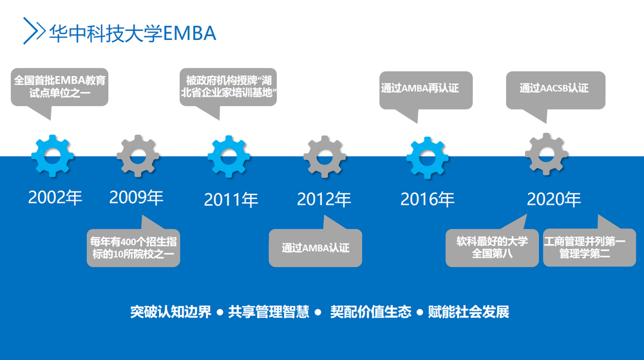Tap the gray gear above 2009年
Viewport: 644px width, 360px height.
click(138, 156)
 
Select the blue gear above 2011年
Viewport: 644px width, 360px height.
click(229, 156)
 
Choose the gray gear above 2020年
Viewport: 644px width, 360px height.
click(546, 155)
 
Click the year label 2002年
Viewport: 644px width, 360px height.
click(55, 198)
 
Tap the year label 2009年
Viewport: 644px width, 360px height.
click(137, 198)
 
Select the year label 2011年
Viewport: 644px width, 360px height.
click(231, 200)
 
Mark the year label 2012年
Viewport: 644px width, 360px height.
click(324, 200)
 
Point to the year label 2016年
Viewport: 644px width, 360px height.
click(428, 200)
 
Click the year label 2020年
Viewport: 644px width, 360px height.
click(553, 200)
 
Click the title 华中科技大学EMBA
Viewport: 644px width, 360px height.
click(133, 33)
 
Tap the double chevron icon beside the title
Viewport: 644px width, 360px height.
click(33, 31)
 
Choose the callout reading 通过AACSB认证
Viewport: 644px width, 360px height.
click(554, 89)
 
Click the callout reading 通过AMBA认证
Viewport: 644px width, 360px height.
click(315, 247)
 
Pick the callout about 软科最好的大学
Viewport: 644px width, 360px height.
click(492, 247)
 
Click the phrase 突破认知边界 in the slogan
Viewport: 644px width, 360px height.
click(171, 312)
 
